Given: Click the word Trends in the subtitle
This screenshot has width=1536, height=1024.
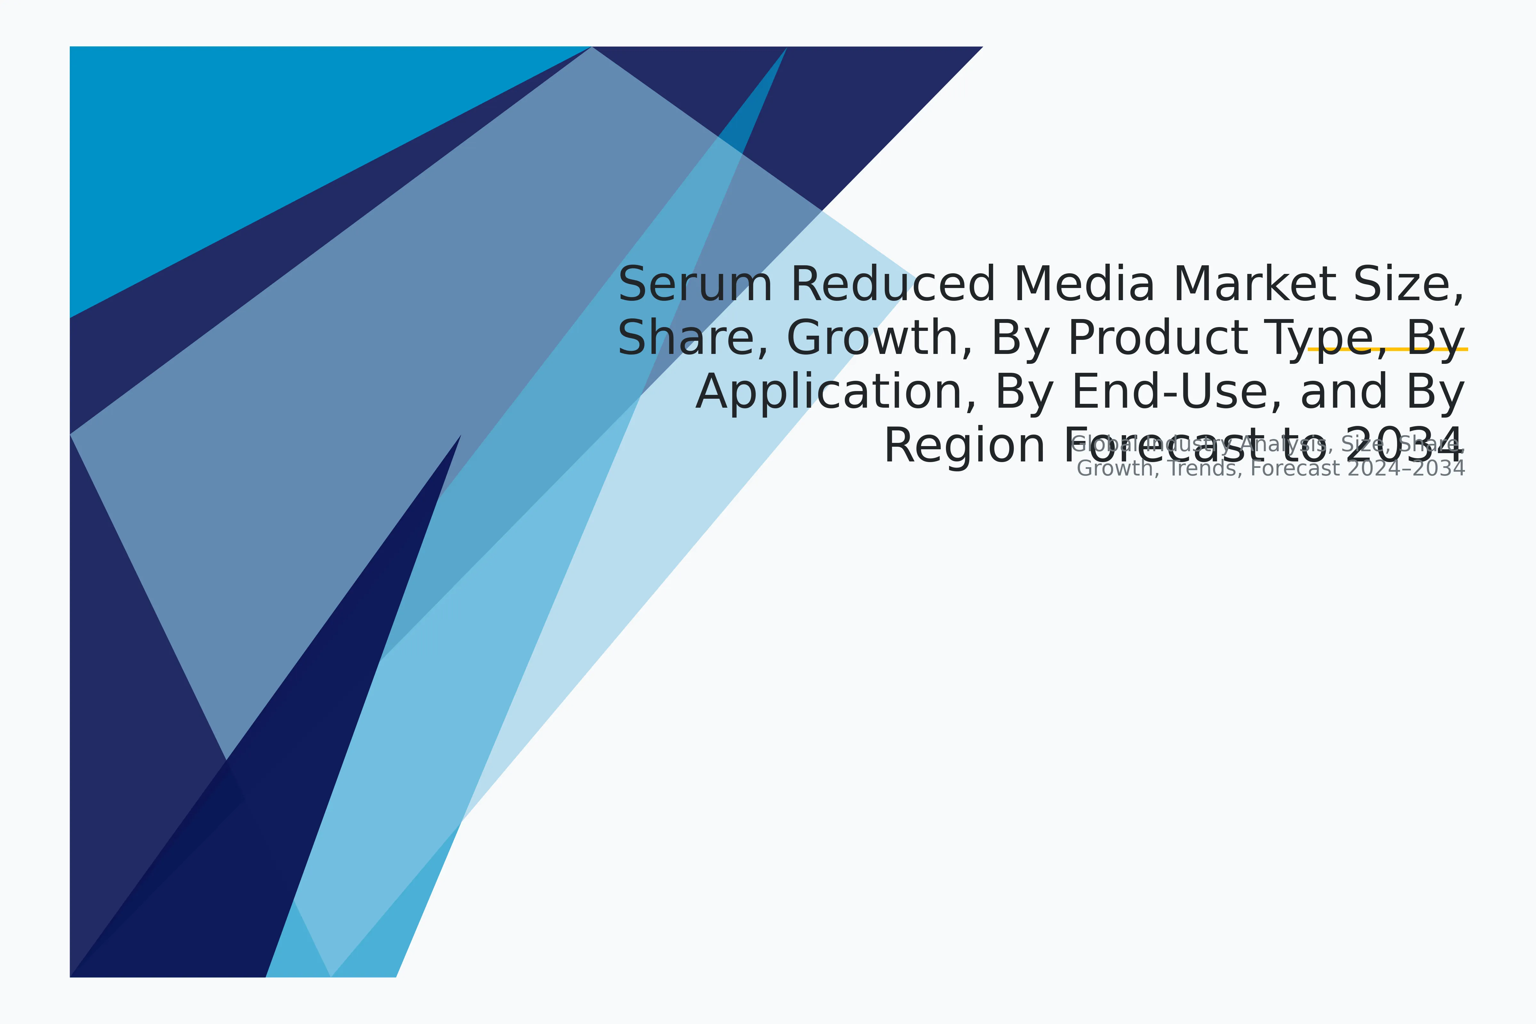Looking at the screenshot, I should [x=1205, y=468].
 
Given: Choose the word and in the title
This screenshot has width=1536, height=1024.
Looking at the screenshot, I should [x=1343, y=392].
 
